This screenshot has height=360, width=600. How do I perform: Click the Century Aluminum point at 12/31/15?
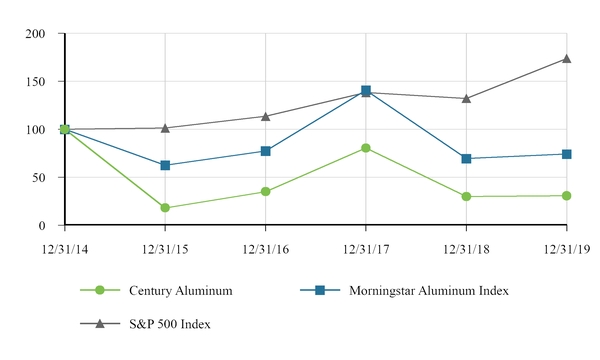pos(165,208)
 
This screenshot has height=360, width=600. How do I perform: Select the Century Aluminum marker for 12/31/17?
pos(366,148)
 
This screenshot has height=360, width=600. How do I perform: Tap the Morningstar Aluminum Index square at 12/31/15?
pos(165,165)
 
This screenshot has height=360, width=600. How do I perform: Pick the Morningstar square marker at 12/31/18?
pos(466,158)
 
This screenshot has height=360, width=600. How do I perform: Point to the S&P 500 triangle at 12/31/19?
pos(566,58)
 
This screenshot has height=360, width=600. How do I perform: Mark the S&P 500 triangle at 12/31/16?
pos(265,116)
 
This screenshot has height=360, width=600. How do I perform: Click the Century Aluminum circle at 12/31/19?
pos(566,196)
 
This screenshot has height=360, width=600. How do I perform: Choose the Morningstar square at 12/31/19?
pos(566,154)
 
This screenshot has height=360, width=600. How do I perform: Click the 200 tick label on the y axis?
pos(37,34)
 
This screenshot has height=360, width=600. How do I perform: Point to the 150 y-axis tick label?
pos(37,82)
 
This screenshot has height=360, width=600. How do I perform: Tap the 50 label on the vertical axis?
pos(40,178)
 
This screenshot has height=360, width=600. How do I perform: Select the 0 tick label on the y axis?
pos(44,226)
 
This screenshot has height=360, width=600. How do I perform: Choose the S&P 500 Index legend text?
pos(169,324)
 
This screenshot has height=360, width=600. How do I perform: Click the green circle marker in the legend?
pos(100,290)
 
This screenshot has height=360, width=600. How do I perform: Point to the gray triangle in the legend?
pos(100,323)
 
